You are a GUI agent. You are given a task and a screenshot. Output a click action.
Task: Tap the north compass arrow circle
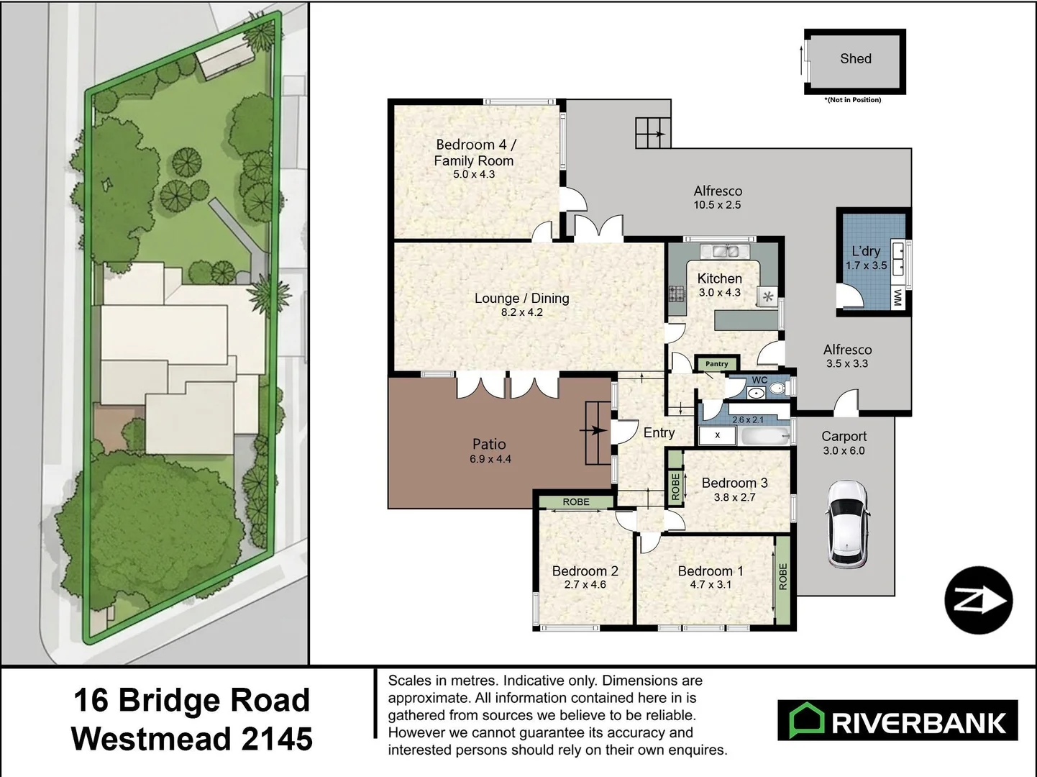click(x=978, y=601)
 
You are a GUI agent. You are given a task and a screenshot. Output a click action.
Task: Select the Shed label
click(x=855, y=59)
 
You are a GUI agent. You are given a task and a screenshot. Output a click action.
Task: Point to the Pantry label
click(x=716, y=364)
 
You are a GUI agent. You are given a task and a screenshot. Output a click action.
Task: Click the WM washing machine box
click(x=897, y=298)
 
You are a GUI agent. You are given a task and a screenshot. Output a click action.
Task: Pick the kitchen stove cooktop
click(x=677, y=294)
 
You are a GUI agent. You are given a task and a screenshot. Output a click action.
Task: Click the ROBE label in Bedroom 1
click(x=783, y=577)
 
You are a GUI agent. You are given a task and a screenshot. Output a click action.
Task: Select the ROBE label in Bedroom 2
click(x=576, y=502)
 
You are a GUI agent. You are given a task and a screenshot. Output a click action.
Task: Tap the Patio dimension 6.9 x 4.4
click(x=490, y=459)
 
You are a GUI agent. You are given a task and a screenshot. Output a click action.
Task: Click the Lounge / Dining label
click(x=521, y=298)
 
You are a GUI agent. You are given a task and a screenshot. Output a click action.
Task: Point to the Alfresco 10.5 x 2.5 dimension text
click(x=717, y=205)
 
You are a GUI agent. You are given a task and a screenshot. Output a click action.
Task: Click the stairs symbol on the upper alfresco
click(x=652, y=133)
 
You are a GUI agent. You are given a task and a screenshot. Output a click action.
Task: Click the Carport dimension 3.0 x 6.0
click(x=844, y=451)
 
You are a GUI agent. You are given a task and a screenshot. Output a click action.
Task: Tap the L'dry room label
click(x=866, y=251)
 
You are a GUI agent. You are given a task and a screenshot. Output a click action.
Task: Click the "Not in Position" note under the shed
click(x=853, y=100)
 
